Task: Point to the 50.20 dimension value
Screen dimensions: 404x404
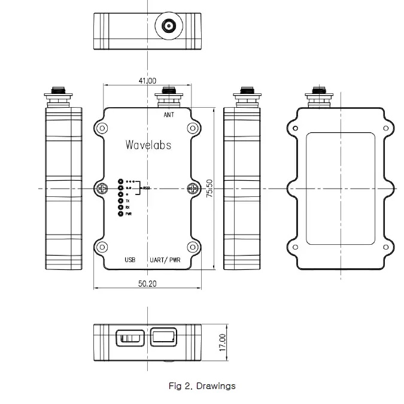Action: tap(147, 284)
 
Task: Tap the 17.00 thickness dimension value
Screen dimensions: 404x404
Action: tap(223, 343)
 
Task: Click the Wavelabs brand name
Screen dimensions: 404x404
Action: tap(148, 145)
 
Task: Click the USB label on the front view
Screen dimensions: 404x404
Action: tap(130, 260)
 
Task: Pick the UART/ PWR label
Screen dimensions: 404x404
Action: tap(165, 260)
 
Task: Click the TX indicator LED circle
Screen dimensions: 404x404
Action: tap(120, 201)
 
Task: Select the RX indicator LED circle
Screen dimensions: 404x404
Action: tap(120, 208)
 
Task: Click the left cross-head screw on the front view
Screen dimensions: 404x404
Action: tap(101, 189)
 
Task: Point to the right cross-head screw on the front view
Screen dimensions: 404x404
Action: tap(193, 189)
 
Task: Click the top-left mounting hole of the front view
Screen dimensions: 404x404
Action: tap(102, 128)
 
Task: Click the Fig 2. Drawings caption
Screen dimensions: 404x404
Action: tap(202, 386)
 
